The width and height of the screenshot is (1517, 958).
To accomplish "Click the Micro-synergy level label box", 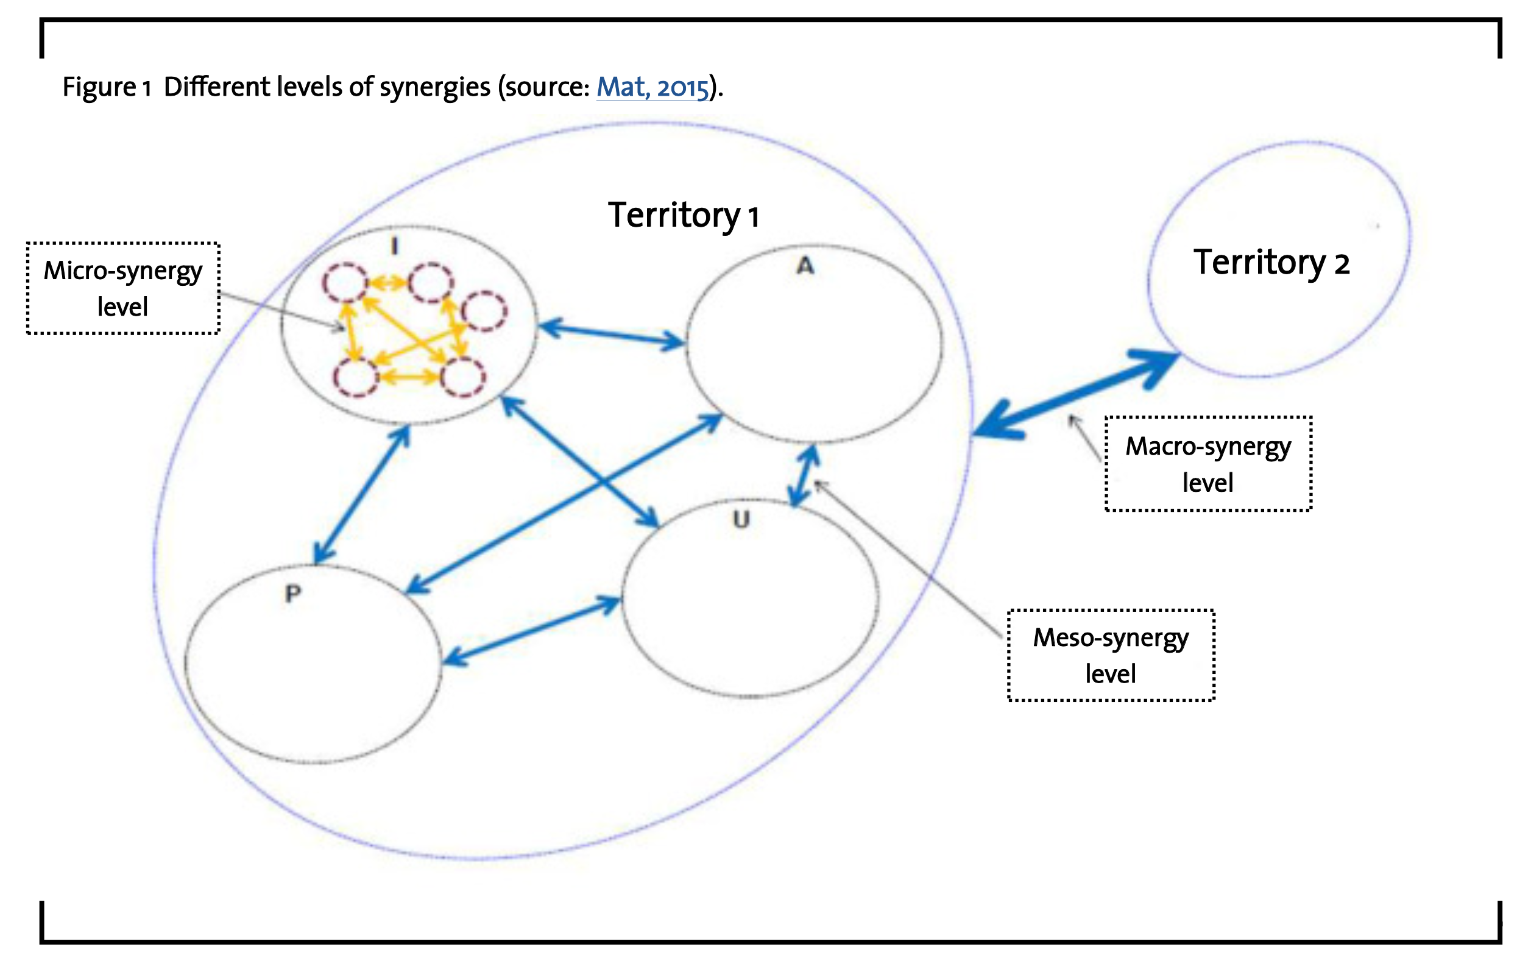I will [123, 289].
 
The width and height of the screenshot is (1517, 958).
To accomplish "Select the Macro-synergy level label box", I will [1208, 464].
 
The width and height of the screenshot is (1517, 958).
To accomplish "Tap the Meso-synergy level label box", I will [1111, 656].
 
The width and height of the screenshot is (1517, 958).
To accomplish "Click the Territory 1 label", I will [683, 216].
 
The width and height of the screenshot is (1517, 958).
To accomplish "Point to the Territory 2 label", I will [1271, 262].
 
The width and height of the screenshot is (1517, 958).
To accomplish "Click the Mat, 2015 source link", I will [652, 87].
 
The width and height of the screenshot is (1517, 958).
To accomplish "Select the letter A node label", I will [805, 266].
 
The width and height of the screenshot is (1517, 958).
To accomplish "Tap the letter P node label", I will [293, 593].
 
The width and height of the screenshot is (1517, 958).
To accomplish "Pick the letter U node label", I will [741, 519].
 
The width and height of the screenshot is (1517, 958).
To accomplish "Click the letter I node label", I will [395, 246].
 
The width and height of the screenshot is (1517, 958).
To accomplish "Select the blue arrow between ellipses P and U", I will [531, 631].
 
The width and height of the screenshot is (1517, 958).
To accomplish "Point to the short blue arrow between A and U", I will [804, 476].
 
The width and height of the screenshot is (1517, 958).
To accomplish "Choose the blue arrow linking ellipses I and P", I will [362, 495].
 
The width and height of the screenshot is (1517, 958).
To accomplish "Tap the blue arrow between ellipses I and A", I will [612, 335].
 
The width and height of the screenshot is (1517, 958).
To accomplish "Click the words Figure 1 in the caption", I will [106, 87].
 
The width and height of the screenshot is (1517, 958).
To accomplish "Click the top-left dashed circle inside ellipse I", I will [345, 282].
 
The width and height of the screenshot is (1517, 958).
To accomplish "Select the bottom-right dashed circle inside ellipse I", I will [463, 377].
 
